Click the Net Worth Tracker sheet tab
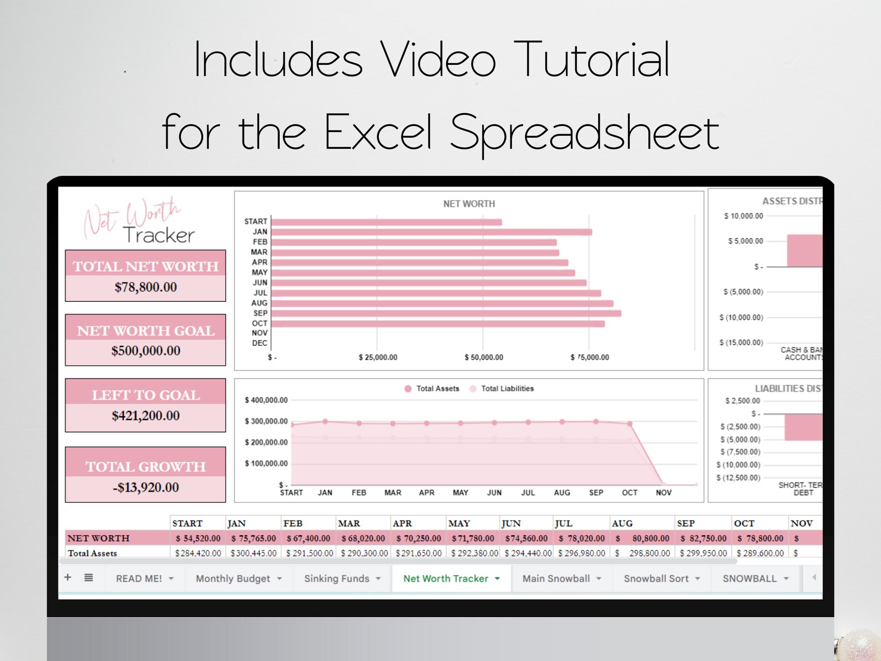click(x=446, y=578)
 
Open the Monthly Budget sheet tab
click(x=233, y=578)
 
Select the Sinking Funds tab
click(x=337, y=578)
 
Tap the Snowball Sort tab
click(x=656, y=578)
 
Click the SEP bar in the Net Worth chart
click(x=446, y=314)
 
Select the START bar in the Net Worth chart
click(x=387, y=222)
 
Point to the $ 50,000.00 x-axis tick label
click(x=484, y=357)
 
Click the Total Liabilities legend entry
click(x=507, y=388)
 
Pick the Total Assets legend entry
click(x=437, y=388)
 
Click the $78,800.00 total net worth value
click(x=146, y=287)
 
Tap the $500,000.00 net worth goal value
click(x=146, y=351)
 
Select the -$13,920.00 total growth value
click(x=146, y=487)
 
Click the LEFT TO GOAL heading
click(x=146, y=395)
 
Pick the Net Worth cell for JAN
click(x=254, y=538)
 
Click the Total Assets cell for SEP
click(x=703, y=553)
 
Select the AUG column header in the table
click(x=622, y=523)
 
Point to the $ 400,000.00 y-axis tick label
click(x=266, y=400)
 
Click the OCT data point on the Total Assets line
click(x=630, y=423)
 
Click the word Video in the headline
click(x=438, y=60)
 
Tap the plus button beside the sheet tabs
click(x=68, y=577)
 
